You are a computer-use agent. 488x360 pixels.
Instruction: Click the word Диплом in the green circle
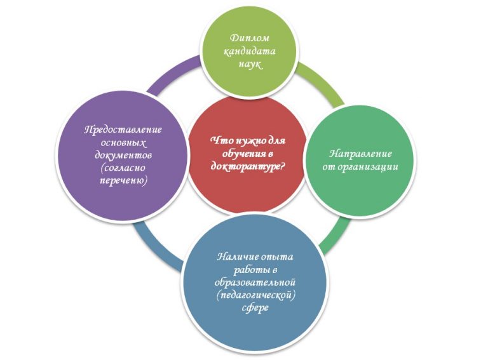245,39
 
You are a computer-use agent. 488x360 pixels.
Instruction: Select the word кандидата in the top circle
245,51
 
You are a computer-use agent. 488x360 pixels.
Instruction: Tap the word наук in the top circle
245,64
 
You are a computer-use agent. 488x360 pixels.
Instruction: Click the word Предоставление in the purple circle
123,130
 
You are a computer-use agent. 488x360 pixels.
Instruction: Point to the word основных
123,142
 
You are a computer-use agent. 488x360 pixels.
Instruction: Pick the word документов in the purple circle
123,155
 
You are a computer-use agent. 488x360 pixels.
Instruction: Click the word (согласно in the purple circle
123,168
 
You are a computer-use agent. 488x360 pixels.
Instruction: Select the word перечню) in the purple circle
123,181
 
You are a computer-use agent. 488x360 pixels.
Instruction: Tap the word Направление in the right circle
361,154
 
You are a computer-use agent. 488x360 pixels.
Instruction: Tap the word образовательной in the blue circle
257,282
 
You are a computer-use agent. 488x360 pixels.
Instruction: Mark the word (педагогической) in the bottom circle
257,295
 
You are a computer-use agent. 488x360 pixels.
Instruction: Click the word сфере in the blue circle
257,308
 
